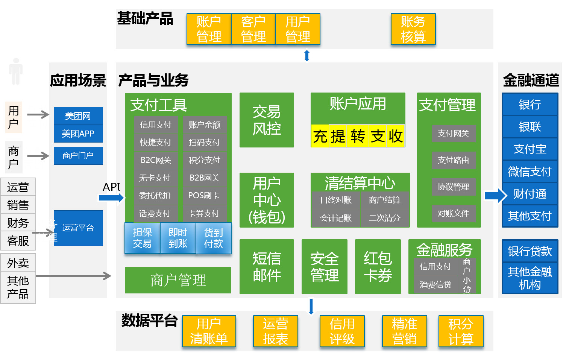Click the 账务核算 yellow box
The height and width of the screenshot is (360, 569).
413,29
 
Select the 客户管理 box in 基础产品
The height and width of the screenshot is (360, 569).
253,29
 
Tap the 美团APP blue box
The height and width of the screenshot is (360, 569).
78,134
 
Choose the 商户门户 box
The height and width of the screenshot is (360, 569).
78,155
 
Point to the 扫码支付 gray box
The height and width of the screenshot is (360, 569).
205,142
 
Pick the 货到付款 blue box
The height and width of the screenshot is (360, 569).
213,238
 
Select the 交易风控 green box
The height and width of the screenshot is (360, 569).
267,120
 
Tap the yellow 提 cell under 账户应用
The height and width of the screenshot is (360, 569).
338,136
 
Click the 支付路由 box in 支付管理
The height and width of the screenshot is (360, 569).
453,160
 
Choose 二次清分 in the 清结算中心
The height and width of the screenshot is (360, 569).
384,218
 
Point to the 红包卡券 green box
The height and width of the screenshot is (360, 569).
378,267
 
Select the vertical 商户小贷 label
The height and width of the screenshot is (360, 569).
467,275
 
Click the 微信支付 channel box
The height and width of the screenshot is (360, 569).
530,172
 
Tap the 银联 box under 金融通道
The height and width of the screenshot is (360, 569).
530,127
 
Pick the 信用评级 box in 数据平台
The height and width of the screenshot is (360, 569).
342,331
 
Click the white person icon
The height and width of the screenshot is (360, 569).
16,71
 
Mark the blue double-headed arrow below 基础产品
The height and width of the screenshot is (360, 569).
307,56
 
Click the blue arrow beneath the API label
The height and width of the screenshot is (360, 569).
111,197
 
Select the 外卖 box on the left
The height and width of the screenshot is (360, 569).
18,263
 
